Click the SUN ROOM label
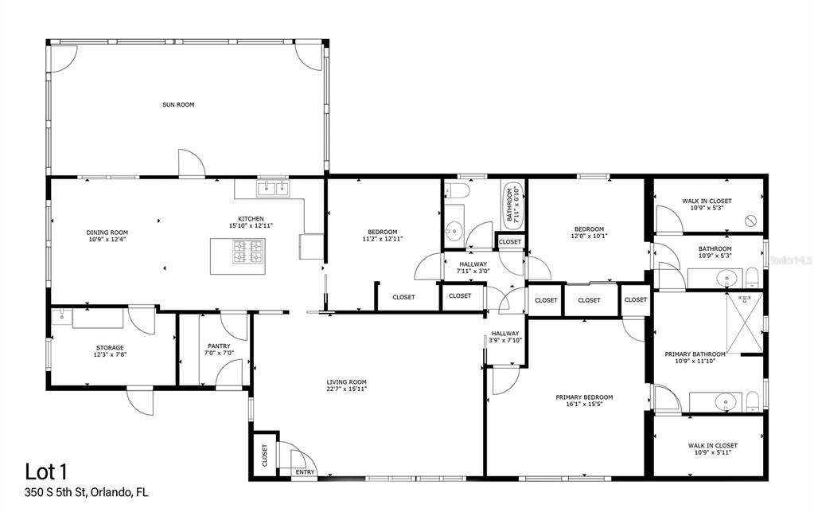pos(178,104)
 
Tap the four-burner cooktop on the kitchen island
pos(247,252)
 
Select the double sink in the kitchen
pos(272,189)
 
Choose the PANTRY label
pos(218,346)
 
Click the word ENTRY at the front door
pos(306,472)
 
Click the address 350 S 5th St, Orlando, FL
pos(87,492)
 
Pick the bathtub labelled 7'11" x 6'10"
pos(512,205)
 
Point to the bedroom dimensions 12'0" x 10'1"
pos(589,236)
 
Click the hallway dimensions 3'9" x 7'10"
pos(504,341)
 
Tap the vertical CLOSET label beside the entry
pos(264,455)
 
